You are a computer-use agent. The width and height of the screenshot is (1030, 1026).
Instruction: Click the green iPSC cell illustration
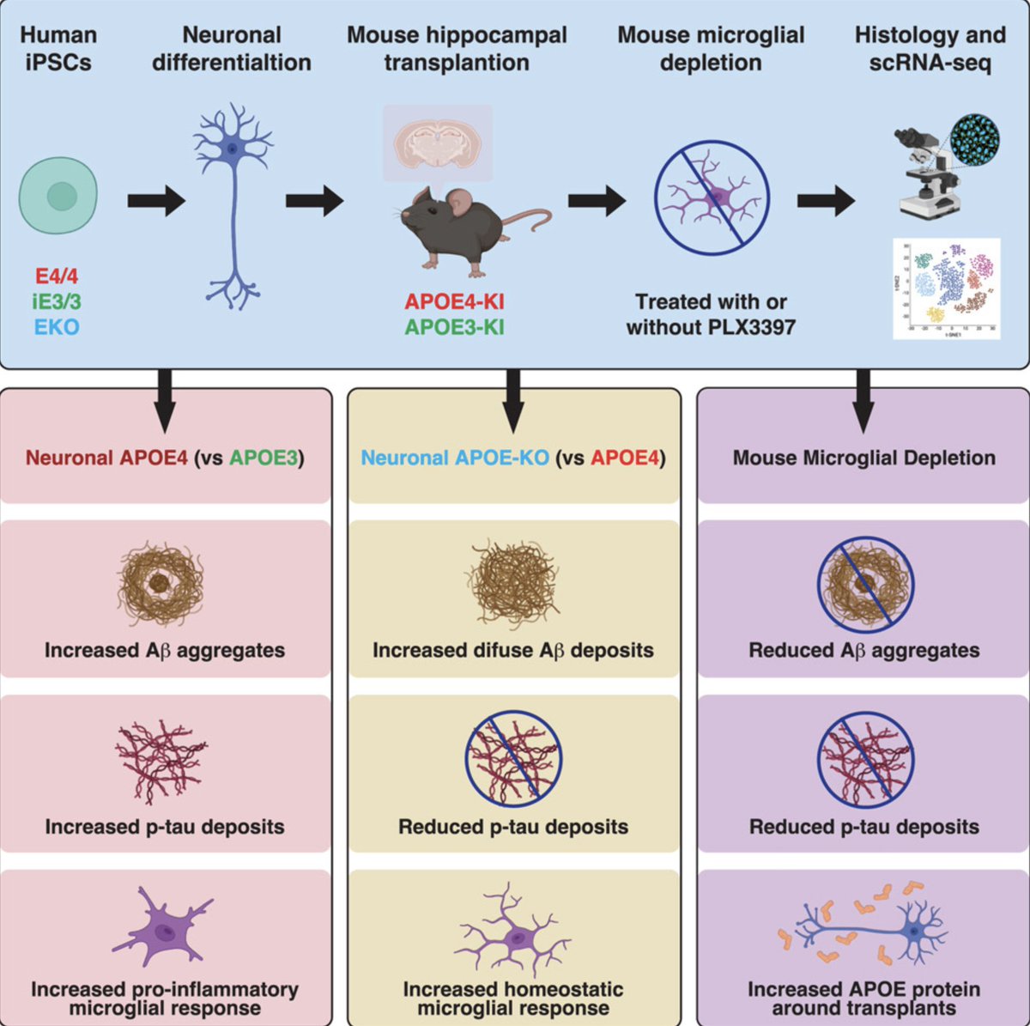coord(58,196)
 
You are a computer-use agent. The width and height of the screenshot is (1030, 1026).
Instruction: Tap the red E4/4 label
coord(57,276)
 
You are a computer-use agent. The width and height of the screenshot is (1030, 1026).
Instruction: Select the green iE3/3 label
coord(57,301)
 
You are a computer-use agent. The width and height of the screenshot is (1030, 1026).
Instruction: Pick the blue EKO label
coord(57,326)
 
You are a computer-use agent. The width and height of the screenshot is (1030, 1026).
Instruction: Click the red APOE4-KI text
coord(455,301)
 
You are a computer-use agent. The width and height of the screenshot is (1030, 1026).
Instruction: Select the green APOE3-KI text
coord(455,327)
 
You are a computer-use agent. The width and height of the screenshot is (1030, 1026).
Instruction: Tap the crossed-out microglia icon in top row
coord(712,198)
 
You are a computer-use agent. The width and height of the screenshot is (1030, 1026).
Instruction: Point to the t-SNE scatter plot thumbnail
coord(947,288)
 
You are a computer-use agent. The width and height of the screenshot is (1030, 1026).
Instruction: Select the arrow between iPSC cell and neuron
coord(156,202)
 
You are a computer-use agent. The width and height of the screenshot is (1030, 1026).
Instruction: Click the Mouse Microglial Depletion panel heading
coord(863,458)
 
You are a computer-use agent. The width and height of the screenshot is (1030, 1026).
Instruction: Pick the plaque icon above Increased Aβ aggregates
coord(161,584)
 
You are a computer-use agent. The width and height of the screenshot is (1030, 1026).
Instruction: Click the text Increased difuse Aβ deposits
coord(512,650)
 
